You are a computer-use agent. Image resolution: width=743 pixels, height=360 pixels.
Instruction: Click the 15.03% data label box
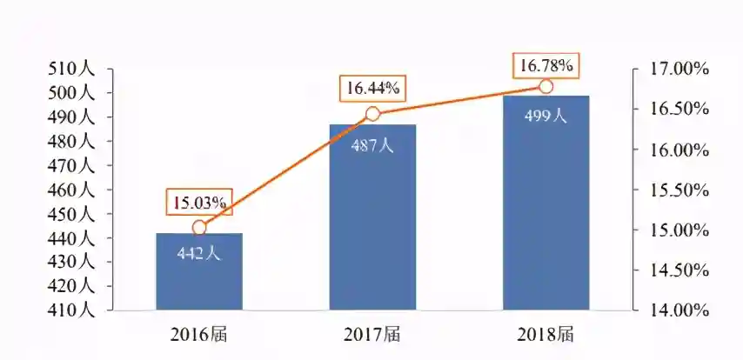pyautogui.click(x=199, y=203)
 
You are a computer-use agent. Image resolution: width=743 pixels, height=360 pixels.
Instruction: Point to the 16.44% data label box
pyautogui.click(x=372, y=88)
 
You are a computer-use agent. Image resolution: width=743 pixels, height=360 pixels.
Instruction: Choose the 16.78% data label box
pyautogui.click(x=546, y=64)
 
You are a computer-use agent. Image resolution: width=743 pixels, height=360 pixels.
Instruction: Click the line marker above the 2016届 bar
pyautogui.click(x=199, y=228)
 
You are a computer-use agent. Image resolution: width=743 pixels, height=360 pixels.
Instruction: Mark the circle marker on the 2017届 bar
pyautogui.click(x=372, y=114)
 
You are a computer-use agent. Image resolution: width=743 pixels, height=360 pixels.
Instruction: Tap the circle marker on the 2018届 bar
pyautogui.click(x=546, y=86)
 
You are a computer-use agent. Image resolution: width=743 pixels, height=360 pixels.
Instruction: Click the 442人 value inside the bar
pyautogui.click(x=199, y=255)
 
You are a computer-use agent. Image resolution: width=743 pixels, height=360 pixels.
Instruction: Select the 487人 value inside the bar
pyautogui.click(x=372, y=146)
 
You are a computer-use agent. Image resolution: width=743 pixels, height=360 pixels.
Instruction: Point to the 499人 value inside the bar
pyautogui.click(x=546, y=117)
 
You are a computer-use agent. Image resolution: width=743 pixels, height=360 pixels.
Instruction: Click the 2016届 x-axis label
pyautogui.click(x=199, y=333)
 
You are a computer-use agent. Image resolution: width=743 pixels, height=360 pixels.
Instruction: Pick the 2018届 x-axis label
pyautogui.click(x=546, y=333)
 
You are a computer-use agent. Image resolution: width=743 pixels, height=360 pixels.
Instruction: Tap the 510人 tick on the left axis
pyautogui.click(x=75, y=69)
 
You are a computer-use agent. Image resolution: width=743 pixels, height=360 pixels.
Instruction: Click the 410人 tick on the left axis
pyautogui.click(x=75, y=310)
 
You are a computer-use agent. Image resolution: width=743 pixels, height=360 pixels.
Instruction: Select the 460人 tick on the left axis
pyautogui.click(x=75, y=190)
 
